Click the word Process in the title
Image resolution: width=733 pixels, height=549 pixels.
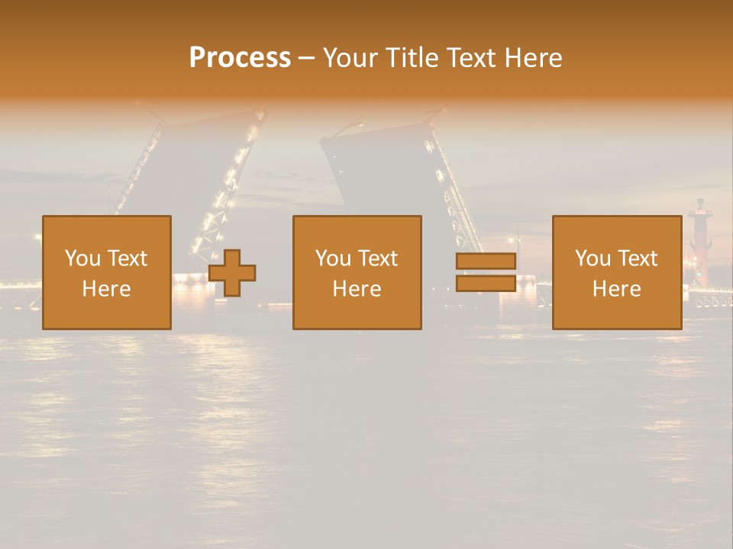click(240, 58)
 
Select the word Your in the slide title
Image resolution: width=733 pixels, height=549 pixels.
click(352, 58)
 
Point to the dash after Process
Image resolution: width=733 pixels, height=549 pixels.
click(306, 59)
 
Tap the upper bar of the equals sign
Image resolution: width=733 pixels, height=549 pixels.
click(486, 262)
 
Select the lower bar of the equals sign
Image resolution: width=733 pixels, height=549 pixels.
click(486, 283)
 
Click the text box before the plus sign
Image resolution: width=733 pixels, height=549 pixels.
click(106, 272)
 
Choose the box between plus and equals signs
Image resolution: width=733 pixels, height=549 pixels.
click(357, 272)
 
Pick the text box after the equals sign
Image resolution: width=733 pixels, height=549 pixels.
click(616, 272)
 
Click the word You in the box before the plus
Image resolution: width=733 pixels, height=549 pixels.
click(82, 258)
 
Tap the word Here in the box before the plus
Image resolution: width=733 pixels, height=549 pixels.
click(106, 289)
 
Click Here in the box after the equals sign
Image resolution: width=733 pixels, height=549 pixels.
click(616, 289)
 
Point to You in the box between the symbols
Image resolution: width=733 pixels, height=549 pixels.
click(333, 258)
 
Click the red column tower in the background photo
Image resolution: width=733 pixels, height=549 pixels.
click(698, 236)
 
